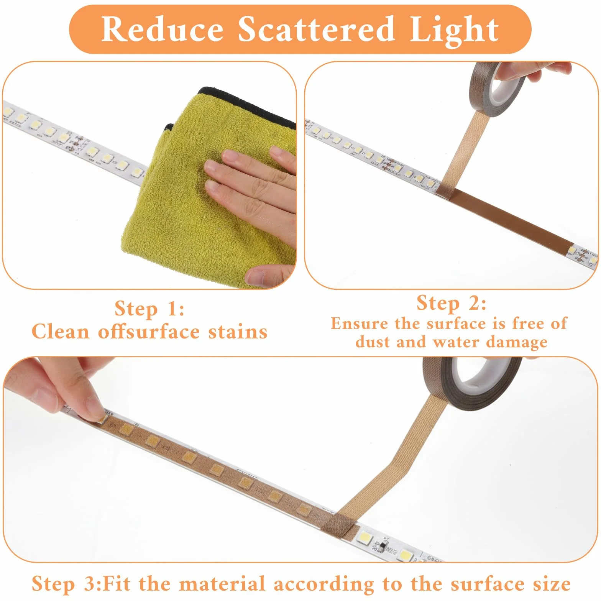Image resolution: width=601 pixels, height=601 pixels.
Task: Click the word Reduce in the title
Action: point(162,29)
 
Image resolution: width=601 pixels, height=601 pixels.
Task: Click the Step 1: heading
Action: point(149,309)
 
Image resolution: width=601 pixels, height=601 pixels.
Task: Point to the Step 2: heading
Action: point(452,303)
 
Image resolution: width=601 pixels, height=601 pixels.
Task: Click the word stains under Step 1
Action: point(238,332)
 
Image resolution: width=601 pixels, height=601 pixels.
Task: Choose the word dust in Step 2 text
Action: point(371,341)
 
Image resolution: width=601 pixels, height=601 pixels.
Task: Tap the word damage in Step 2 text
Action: point(516,343)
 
